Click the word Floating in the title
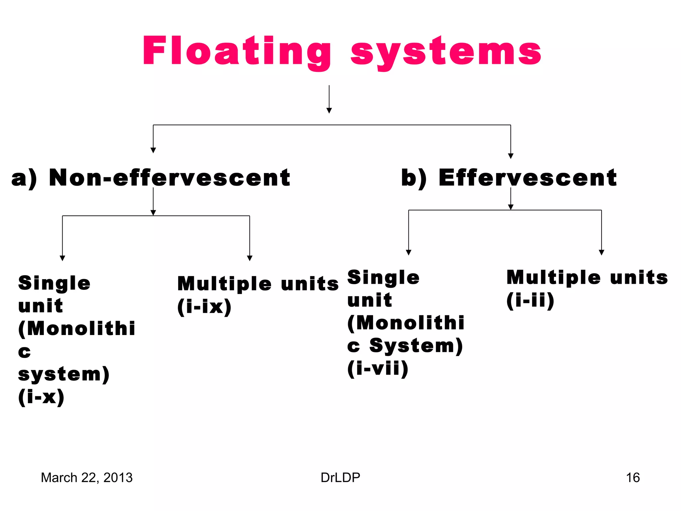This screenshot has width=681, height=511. pyautogui.click(x=237, y=52)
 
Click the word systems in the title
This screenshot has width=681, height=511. pyautogui.click(x=446, y=53)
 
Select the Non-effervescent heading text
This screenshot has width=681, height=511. pyautogui.click(x=170, y=178)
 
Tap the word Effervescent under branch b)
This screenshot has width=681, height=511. pyautogui.click(x=527, y=178)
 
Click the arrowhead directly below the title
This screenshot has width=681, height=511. pyautogui.click(x=329, y=110)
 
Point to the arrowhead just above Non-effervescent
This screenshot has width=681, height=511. pyautogui.click(x=153, y=150)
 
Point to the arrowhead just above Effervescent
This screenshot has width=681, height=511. pyautogui.click(x=511, y=156)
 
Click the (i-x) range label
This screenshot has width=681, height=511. pyautogui.click(x=41, y=397)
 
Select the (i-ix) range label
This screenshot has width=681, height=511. pyautogui.click(x=204, y=306)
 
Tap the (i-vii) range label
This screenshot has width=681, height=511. pyautogui.click(x=378, y=368)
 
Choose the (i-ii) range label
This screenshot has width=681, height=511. pyautogui.click(x=530, y=300)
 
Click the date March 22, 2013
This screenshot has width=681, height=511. pyautogui.click(x=86, y=477)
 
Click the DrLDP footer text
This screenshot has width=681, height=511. pyautogui.click(x=340, y=477)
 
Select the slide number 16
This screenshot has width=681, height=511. pyautogui.click(x=632, y=477)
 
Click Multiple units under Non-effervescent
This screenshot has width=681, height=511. pyautogui.click(x=258, y=284)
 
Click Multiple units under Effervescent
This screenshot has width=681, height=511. pyautogui.click(x=587, y=277)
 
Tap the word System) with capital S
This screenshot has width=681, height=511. pyautogui.click(x=416, y=346)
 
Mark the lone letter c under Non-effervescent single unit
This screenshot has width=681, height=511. pyautogui.click(x=24, y=352)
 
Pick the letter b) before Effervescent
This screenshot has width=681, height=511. pyautogui.click(x=414, y=178)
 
